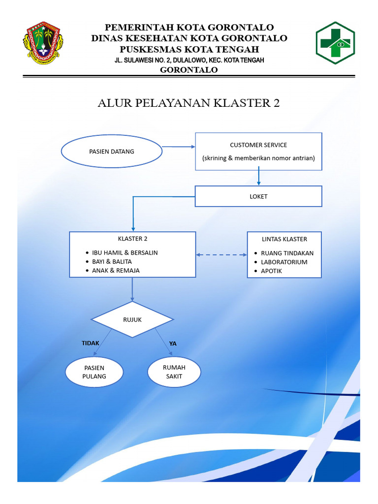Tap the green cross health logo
(x=335, y=43)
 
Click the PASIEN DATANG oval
(x=112, y=152)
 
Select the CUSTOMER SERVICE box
(x=258, y=151)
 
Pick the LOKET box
(x=258, y=196)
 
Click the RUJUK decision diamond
(x=132, y=319)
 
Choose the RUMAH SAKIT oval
(x=174, y=372)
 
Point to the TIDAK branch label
(x=91, y=343)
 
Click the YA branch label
(x=173, y=344)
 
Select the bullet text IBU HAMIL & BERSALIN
(x=125, y=252)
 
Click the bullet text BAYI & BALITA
(x=112, y=261)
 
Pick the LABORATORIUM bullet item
(x=284, y=262)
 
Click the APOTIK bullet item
(x=271, y=271)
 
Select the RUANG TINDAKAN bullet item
(x=287, y=253)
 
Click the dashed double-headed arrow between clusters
(x=221, y=254)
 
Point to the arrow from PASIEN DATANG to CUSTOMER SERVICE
(x=179, y=147)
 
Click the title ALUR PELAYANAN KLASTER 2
(x=189, y=103)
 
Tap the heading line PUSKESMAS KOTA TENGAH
(x=189, y=49)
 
